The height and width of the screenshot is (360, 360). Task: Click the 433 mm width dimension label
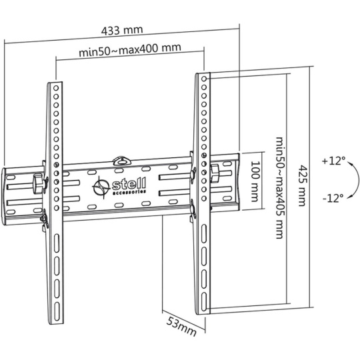tap(122, 30)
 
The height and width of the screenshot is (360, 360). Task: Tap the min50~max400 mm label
tap(130, 50)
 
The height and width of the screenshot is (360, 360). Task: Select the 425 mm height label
tap(303, 185)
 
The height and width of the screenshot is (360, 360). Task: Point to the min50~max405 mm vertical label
tap(280, 188)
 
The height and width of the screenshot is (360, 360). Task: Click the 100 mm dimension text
tap(255, 181)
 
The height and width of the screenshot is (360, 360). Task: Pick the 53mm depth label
tap(181, 326)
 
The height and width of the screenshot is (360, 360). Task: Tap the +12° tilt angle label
tap(334, 161)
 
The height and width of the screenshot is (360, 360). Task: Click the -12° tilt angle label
tap(333, 198)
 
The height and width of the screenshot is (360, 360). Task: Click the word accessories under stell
tap(129, 192)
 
